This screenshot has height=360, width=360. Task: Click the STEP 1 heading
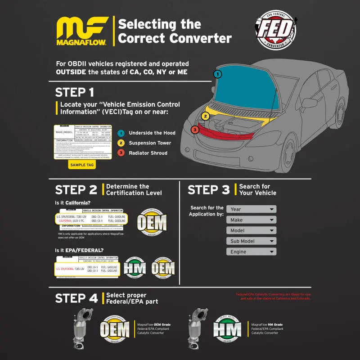point(75,93)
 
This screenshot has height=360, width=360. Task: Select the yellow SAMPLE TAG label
point(81,165)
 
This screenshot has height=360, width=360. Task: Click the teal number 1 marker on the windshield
point(217,74)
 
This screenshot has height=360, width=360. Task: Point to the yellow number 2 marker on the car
point(205,116)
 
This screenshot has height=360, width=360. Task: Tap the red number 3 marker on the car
point(194,130)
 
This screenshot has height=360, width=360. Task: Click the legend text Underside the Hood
point(152,133)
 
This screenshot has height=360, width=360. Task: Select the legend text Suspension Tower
point(150,143)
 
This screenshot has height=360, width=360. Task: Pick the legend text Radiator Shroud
point(148,153)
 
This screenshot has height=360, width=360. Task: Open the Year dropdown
point(251,209)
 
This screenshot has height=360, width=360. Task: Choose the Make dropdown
point(251,220)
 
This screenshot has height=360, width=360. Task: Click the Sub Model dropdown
point(251,241)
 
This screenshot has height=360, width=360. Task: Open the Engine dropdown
point(251,252)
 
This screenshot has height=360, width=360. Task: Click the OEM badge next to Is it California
point(151,222)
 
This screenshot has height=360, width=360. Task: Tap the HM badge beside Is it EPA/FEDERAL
point(135,268)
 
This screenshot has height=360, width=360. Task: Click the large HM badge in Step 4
point(227,329)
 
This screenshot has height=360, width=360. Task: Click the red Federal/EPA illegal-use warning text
point(273,297)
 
